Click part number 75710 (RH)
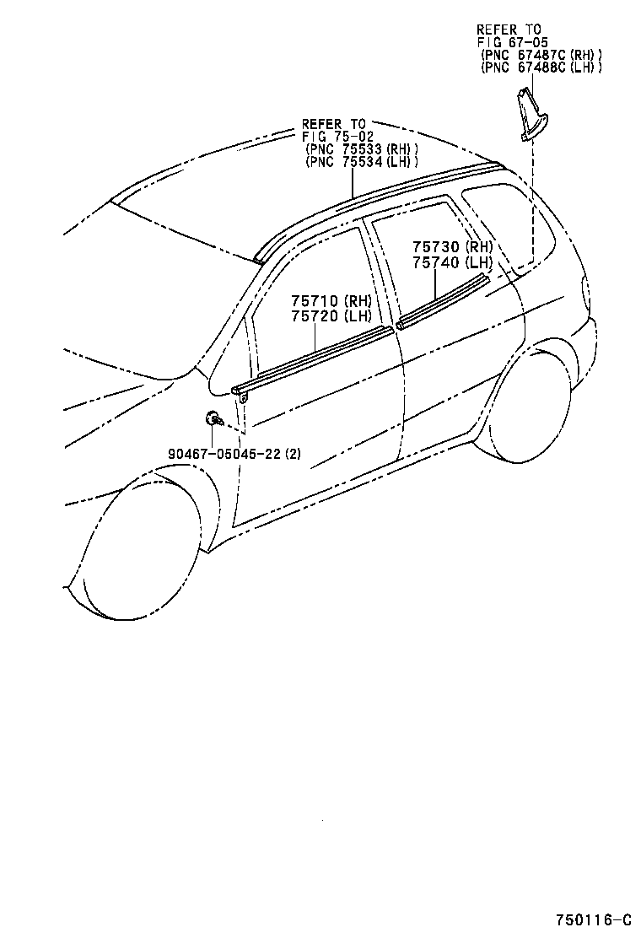click(x=331, y=300)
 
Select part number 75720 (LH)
click(x=331, y=315)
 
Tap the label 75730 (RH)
click(x=452, y=247)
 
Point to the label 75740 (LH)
click(x=452, y=262)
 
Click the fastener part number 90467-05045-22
click(x=224, y=454)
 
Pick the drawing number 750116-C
click(x=594, y=919)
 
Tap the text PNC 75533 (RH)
click(x=361, y=149)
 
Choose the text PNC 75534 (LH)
click(x=361, y=162)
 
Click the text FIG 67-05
click(x=513, y=42)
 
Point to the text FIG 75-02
click(x=337, y=137)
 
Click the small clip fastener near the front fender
click(x=213, y=418)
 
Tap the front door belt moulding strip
click(x=312, y=359)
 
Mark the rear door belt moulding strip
click(x=443, y=301)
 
